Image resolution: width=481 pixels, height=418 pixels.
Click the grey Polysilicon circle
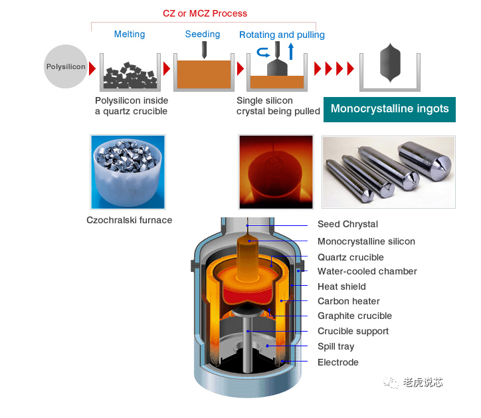(65, 66)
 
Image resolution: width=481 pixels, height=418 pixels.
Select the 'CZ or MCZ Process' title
(205, 13)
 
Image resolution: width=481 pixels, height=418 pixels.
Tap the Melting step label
(129, 35)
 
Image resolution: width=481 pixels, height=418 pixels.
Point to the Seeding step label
(203, 35)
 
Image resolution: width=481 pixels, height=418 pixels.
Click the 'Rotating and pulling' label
(282, 35)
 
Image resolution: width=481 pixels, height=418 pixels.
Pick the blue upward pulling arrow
(290, 51)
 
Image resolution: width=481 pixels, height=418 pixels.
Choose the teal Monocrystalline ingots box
(389, 109)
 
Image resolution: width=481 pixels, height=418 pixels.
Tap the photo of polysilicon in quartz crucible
(128, 171)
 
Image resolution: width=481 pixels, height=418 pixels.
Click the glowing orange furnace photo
(276, 171)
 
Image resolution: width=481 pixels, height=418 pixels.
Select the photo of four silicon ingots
(388, 171)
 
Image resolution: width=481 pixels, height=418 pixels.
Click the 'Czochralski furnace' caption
(129, 220)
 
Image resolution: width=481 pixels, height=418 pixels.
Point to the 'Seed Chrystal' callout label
(347, 225)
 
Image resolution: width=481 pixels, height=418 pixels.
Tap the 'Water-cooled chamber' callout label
(367, 271)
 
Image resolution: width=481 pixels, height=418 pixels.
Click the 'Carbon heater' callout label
(348, 301)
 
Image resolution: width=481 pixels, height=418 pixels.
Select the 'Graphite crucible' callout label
(354, 316)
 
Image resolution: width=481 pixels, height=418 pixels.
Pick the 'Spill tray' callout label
(336, 346)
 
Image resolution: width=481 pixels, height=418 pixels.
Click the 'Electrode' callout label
(337, 362)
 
